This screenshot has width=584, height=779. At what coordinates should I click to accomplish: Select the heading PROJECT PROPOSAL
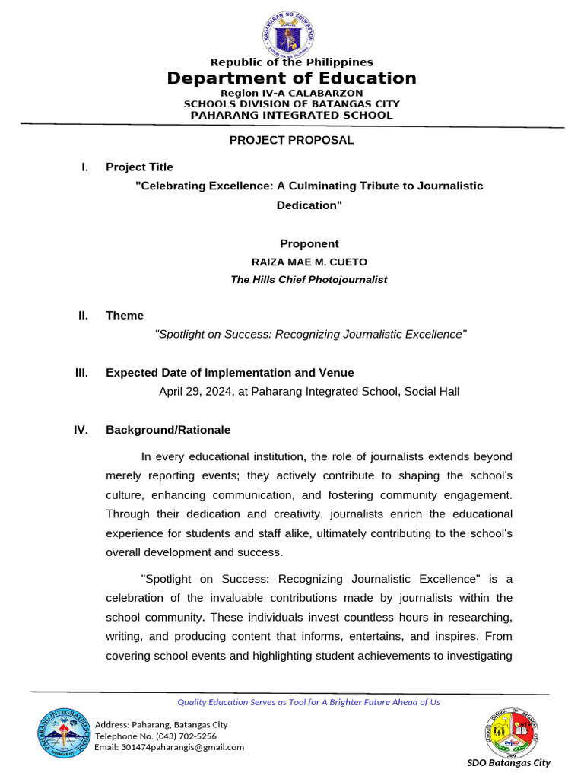(292, 140)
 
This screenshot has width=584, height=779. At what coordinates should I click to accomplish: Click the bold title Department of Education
(292, 78)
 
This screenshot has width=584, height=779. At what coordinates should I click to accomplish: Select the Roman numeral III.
(81, 373)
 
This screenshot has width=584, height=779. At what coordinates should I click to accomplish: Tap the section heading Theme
(125, 316)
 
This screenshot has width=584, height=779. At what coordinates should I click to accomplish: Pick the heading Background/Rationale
(168, 430)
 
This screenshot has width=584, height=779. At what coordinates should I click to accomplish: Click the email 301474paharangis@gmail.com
(170, 747)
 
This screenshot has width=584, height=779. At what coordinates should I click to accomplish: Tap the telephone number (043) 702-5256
(186, 736)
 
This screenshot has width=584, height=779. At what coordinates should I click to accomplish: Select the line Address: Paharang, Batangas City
(161, 724)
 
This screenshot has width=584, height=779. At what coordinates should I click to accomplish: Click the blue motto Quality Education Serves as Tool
(309, 702)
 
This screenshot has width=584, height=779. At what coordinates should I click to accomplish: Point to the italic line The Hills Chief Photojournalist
(309, 280)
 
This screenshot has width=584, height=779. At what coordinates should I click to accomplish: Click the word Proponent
(309, 244)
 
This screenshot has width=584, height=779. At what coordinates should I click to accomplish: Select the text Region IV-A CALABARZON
(292, 93)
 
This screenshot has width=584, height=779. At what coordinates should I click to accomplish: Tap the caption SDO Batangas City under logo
(509, 763)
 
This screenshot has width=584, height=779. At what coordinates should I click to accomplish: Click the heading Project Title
(139, 167)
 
